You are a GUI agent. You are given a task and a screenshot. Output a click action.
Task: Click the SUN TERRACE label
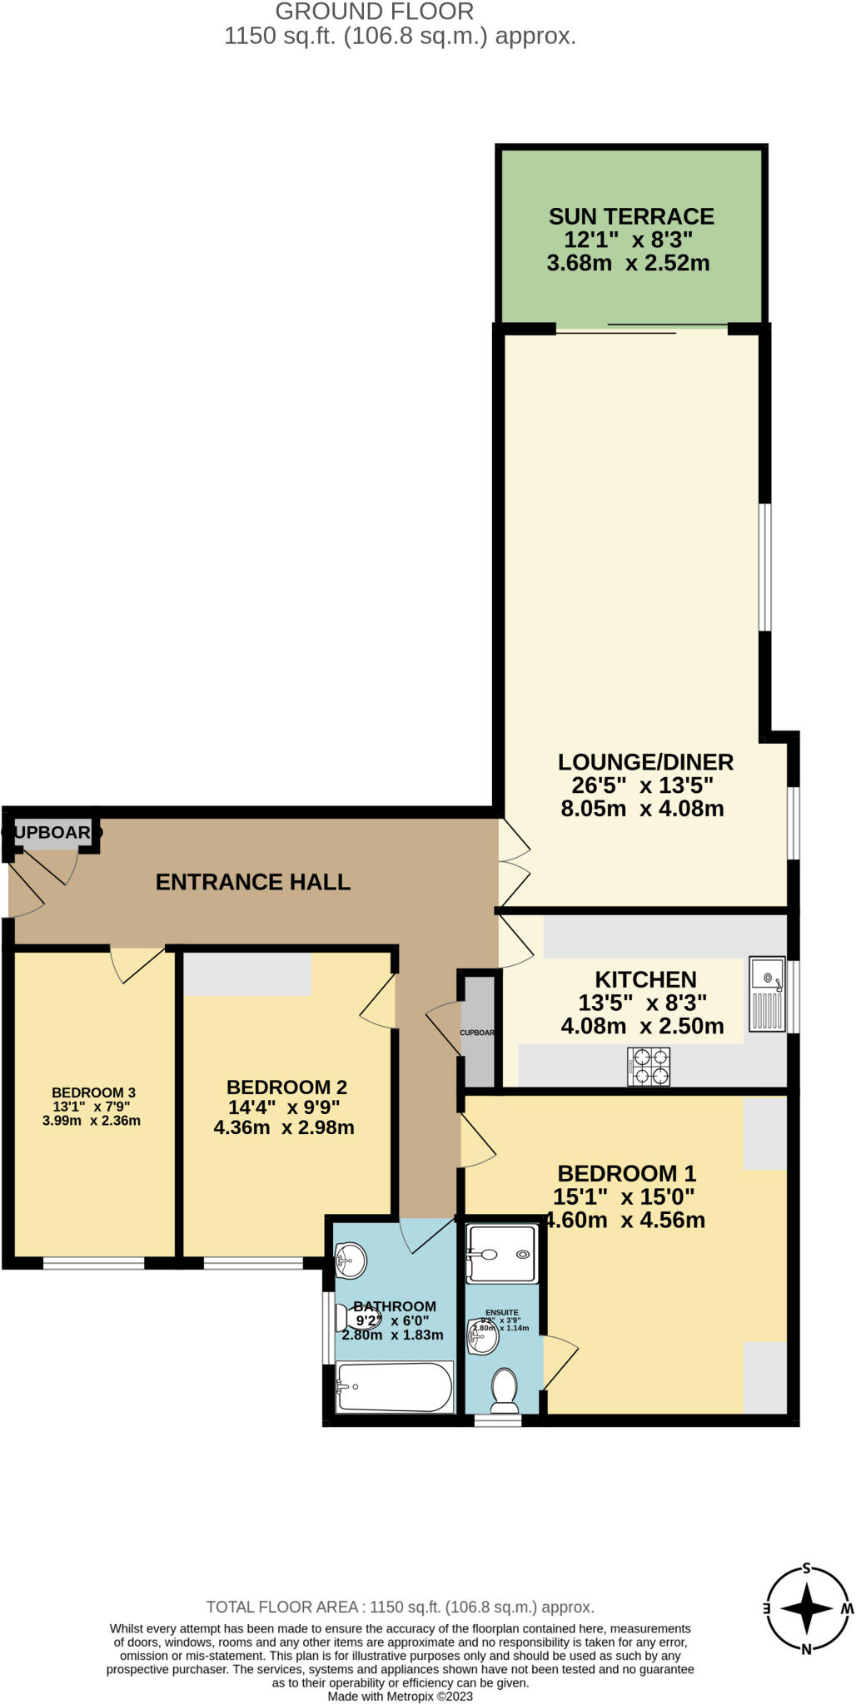630,217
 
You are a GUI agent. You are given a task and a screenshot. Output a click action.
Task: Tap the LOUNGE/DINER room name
645,762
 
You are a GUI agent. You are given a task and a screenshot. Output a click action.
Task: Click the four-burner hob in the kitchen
649,1067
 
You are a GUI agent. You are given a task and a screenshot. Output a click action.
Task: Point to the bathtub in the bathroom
394,1387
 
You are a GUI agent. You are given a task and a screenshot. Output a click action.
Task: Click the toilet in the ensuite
504,1391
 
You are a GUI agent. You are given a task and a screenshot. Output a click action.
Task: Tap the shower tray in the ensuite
500,1253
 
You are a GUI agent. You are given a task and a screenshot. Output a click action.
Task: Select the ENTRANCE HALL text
253,882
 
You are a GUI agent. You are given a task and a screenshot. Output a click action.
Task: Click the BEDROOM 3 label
93,1092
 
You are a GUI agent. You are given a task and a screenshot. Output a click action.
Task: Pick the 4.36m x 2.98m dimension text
284,1128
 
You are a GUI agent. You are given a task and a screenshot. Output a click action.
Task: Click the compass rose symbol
805,1609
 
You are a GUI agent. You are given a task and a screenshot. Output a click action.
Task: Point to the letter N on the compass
805,1649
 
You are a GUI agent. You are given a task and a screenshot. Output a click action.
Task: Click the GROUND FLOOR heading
375,12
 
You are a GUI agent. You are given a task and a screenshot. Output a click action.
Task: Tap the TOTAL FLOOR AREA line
400,1607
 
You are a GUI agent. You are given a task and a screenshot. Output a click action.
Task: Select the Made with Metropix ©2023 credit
400,1696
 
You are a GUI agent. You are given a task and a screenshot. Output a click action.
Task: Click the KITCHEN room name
645,980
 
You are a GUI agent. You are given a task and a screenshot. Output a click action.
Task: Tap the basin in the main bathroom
351,1261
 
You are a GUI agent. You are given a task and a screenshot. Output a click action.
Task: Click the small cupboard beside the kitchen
478,1033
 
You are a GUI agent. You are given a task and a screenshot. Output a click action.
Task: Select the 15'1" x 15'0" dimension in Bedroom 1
624,1197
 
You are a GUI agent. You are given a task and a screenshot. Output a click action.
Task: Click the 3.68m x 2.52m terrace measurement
628,264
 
